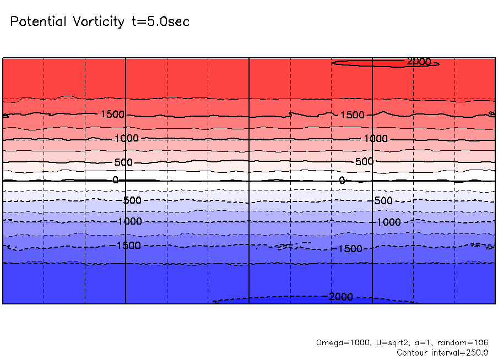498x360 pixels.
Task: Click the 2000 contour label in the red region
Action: point(419,62)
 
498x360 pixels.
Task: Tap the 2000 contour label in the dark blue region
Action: point(340,297)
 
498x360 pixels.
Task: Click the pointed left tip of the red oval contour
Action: point(333,63)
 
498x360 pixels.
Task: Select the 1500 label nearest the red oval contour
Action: point(353,115)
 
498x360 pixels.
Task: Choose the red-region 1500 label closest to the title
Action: point(112,114)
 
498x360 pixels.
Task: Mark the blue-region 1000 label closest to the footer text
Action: point(389,222)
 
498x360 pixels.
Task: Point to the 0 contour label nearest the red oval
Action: point(342,181)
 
